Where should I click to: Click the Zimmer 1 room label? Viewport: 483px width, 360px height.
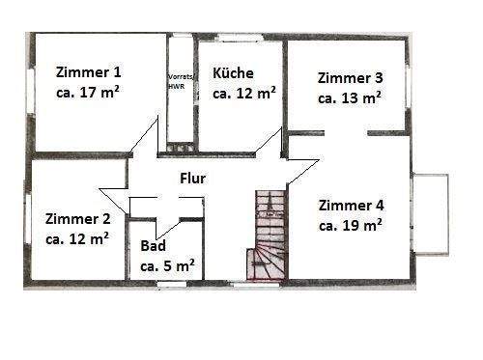tap(89, 71)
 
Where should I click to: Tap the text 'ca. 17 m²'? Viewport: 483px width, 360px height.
tap(89, 94)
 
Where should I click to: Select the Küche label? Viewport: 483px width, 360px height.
tap(233, 72)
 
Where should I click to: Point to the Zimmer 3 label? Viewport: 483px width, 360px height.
tap(351, 77)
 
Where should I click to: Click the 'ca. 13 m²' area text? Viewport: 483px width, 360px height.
tap(350, 98)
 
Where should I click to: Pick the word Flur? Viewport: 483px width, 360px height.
tap(193, 178)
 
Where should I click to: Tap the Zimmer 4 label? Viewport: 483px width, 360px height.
tap(351, 205)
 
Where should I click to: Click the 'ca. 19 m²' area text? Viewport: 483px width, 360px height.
tap(350, 225)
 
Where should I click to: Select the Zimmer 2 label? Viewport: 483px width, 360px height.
tap(77, 218)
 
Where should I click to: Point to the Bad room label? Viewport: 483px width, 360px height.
tap(153, 246)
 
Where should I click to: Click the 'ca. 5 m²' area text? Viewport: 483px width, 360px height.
tap(168, 264)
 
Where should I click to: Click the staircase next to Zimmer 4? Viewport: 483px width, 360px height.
tap(269, 235)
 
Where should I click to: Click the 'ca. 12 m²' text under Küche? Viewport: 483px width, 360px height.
tap(244, 94)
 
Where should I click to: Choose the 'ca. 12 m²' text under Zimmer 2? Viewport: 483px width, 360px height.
tap(77, 239)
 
